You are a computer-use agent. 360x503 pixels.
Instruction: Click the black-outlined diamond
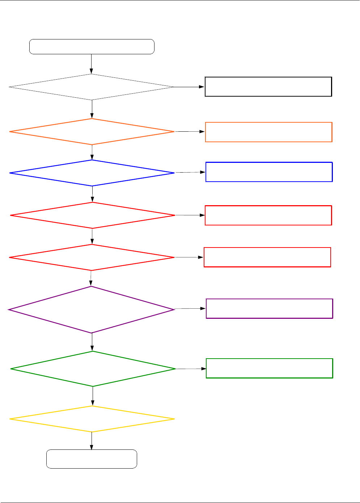(92, 87)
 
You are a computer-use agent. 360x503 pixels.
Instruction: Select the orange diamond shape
(92, 132)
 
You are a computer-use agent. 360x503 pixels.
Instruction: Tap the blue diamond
(92, 173)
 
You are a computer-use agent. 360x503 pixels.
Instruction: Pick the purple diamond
(91, 309)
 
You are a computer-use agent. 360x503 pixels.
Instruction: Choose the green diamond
(93, 369)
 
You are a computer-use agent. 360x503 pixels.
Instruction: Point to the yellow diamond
(92, 419)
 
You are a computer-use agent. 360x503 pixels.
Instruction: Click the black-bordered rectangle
(268, 86)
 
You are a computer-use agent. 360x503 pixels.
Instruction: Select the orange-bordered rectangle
(268, 132)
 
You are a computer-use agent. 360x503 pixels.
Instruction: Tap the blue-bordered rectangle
(269, 172)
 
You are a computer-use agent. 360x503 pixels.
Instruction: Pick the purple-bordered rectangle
(269, 308)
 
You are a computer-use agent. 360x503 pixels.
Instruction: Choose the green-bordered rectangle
(269, 368)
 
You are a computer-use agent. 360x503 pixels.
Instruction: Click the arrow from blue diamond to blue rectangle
(190, 173)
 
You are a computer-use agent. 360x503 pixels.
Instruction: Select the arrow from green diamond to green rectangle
(191, 369)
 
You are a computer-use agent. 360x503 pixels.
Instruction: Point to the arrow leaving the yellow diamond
(92, 440)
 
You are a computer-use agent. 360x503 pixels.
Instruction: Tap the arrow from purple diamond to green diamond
(92, 342)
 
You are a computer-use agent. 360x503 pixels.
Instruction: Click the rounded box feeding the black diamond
(92, 47)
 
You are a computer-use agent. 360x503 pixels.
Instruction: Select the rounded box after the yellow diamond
(92, 459)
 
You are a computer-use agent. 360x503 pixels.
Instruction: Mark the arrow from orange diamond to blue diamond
(92, 152)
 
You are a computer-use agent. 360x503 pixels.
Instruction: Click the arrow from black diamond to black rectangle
(189, 87)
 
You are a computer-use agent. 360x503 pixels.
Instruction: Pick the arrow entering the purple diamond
(91, 278)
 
